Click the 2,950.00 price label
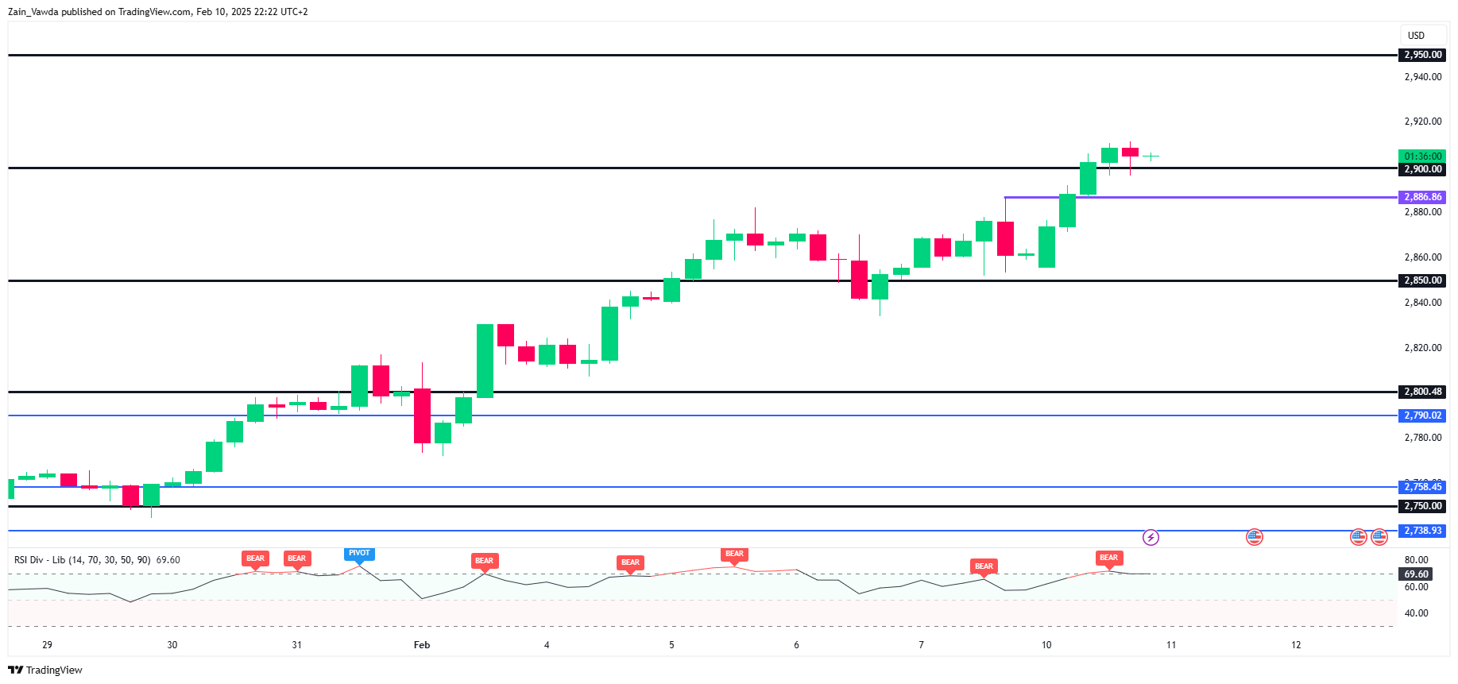click(x=1422, y=55)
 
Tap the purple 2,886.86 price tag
click(x=1422, y=197)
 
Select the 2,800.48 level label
click(x=1422, y=392)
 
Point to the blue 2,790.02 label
click(x=1422, y=415)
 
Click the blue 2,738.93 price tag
click(x=1422, y=531)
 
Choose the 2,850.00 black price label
click(x=1422, y=280)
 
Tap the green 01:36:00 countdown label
click(x=1422, y=157)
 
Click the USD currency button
click(x=1416, y=36)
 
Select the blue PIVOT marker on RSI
click(x=359, y=554)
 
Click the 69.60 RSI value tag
click(x=1416, y=574)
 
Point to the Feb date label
click(x=422, y=645)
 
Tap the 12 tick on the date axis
click(x=1296, y=645)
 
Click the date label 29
click(x=48, y=645)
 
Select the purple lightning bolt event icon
click(x=1151, y=538)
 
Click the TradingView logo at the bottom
click(x=45, y=670)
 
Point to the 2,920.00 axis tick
click(x=1422, y=122)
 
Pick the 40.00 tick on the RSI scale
click(x=1416, y=613)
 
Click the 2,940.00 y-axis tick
click(x=1422, y=77)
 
